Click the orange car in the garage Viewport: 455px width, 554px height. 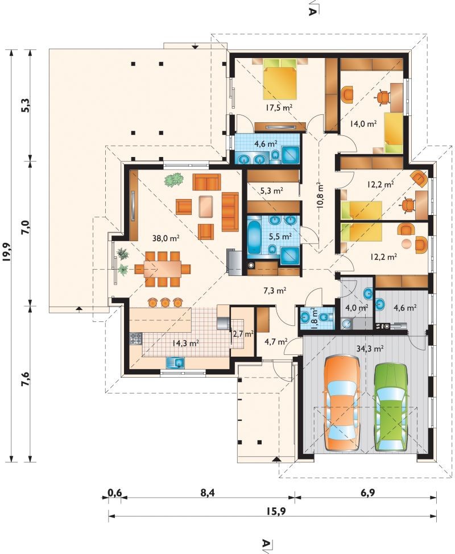pyautogui.click(x=342, y=403)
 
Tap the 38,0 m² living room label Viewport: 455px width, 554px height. pyautogui.click(x=166, y=238)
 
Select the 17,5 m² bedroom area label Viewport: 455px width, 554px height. pyautogui.click(x=279, y=108)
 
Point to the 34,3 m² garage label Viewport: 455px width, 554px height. pyautogui.click(x=370, y=349)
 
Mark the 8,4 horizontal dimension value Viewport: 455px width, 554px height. pyautogui.click(x=208, y=493)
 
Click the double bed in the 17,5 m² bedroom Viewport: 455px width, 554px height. pyautogui.click(x=279, y=78)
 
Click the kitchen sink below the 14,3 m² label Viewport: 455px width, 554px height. pyautogui.click(x=175, y=362)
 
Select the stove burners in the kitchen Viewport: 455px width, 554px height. pyautogui.click(x=136, y=339)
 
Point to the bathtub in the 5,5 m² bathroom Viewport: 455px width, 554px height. pyautogui.click(x=255, y=237)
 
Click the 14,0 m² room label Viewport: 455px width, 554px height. pyautogui.click(x=363, y=123)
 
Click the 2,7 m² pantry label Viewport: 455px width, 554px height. pyautogui.click(x=243, y=334)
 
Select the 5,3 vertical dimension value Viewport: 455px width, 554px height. pyautogui.click(x=26, y=105)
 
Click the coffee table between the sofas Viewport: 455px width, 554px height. pyautogui.click(x=206, y=206)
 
